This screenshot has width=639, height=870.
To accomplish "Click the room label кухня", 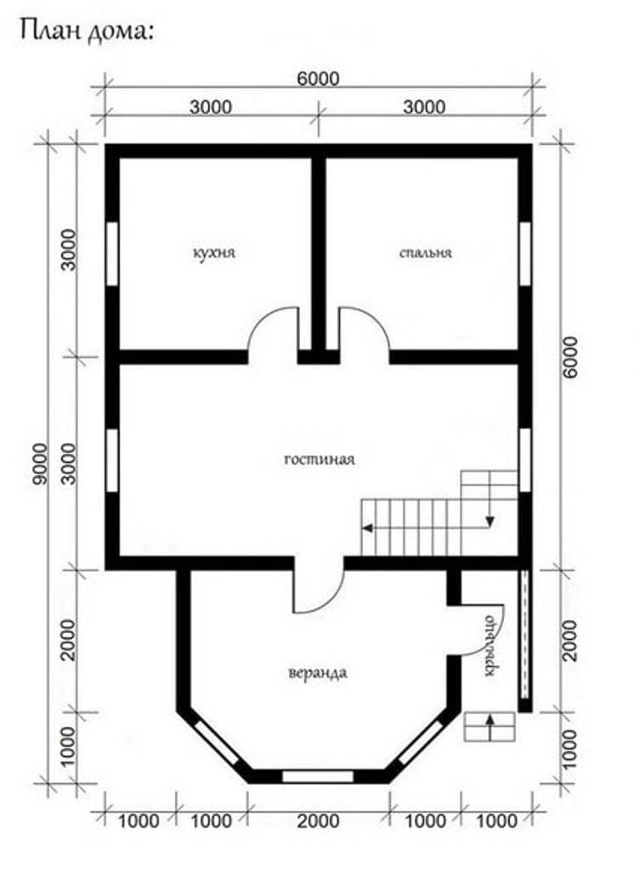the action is [x=214, y=253].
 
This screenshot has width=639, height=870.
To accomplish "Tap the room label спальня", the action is [x=426, y=253].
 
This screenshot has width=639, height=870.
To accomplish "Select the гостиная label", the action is [x=319, y=460].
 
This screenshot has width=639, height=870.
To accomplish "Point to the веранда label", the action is [x=318, y=673].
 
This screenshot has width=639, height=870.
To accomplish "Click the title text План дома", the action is [x=86, y=31].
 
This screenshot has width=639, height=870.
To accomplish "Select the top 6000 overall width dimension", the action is [x=318, y=79].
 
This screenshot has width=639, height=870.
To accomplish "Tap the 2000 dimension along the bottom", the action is [x=318, y=821].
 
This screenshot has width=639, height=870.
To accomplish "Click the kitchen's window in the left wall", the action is [x=112, y=254].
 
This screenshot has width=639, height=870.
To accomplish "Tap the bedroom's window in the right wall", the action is [x=525, y=254].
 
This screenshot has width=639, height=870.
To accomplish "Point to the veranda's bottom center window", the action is [x=318, y=776].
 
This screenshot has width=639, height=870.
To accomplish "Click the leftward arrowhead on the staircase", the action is [x=366, y=528].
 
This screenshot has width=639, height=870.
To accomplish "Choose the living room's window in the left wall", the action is [x=112, y=460].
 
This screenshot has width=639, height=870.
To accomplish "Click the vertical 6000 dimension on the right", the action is [x=569, y=357].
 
